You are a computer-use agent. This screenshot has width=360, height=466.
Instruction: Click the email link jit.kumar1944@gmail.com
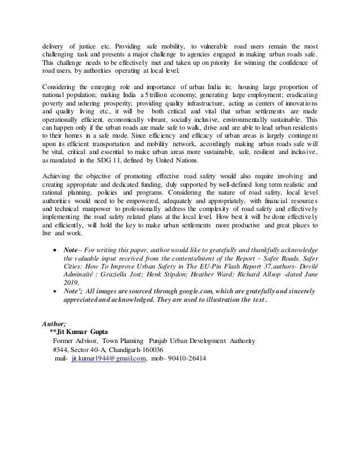108,358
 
